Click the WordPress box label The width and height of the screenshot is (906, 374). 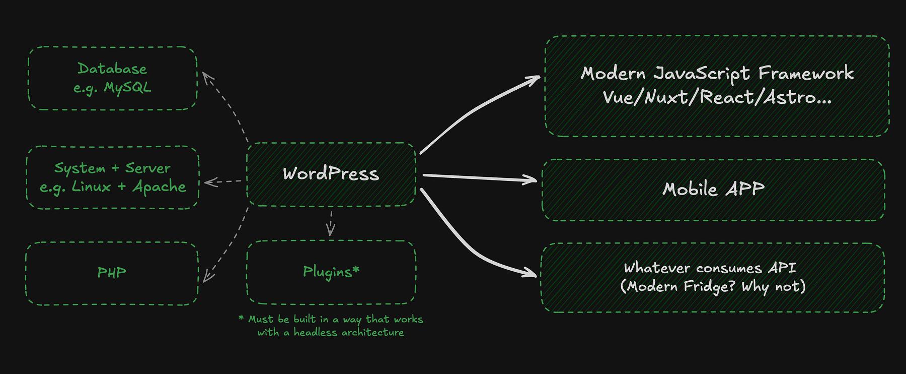[331, 174]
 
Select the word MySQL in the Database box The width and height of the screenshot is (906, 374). [127, 88]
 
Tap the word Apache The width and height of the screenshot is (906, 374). [159, 187]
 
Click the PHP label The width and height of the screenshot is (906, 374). [112, 273]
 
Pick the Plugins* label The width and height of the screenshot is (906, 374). [331, 272]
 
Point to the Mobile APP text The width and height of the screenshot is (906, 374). [713, 189]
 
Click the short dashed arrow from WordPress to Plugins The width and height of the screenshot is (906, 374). [331, 223]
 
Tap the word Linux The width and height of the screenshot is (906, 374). [91, 187]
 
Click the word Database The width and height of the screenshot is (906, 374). [112, 69]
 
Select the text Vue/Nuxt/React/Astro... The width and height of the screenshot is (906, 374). [716, 97]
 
